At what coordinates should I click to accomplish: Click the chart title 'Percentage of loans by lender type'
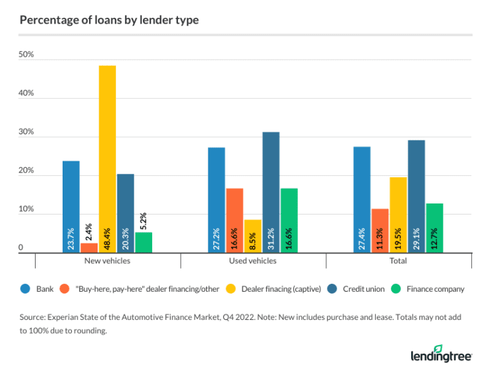(109, 20)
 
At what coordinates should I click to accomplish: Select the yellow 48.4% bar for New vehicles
(107, 159)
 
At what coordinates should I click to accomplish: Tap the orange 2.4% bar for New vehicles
(89, 248)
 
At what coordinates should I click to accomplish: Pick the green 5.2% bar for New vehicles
(144, 242)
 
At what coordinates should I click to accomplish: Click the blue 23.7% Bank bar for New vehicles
(71, 206)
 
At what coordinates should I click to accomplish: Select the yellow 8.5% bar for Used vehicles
(252, 236)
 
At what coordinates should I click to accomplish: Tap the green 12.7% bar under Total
(434, 228)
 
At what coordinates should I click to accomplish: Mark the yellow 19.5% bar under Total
(398, 215)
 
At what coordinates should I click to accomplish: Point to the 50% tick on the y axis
(26, 55)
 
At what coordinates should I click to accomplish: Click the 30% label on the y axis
(26, 132)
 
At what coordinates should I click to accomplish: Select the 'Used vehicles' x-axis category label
(254, 261)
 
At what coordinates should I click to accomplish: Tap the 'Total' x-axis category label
(398, 261)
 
